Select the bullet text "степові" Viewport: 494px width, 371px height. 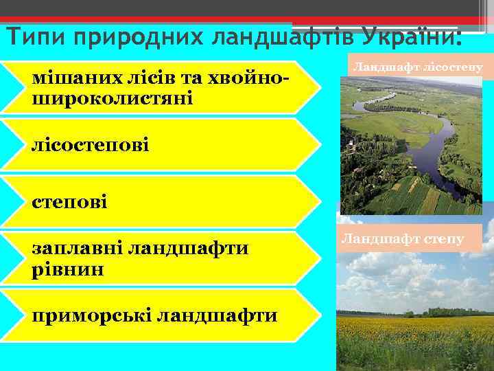tap(69, 202)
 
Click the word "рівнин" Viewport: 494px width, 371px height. tap(68, 268)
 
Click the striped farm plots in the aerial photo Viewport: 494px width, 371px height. tap(419, 199)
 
